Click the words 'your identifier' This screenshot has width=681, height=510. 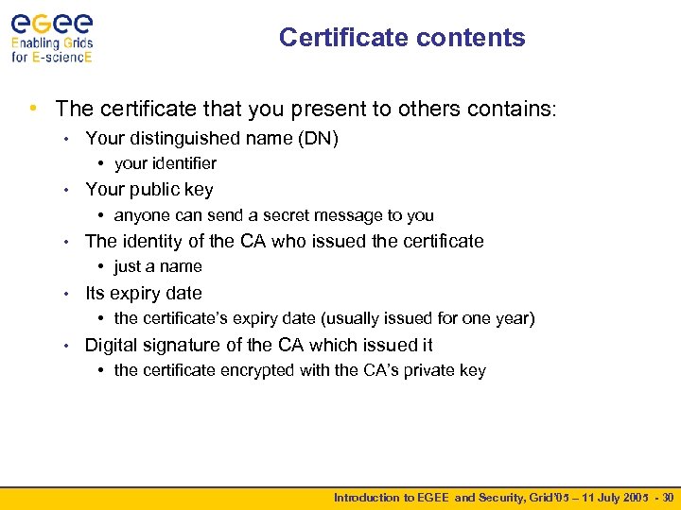pyautogui.click(x=165, y=163)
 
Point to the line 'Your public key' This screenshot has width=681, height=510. pyautogui.click(x=149, y=190)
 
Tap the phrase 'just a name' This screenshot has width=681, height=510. pyautogui.click(x=158, y=266)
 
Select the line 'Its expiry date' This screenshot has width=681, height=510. pyautogui.click(x=144, y=293)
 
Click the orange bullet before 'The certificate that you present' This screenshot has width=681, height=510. pyautogui.click(x=34, y=110)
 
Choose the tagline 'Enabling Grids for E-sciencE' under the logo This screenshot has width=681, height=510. pyautogui.click(x=52, y=49)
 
